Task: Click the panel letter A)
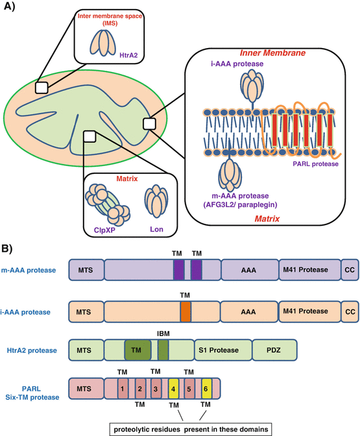pos(12,8)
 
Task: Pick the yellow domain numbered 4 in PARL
pos(174,391)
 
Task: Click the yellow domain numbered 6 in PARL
pos(206,391)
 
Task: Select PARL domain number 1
pos(123,391)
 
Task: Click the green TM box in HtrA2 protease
pos(137,350)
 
